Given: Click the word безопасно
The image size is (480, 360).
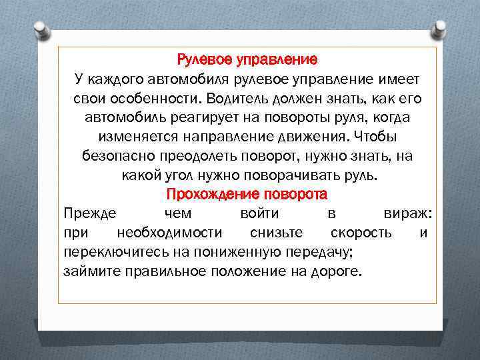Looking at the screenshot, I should coord(117,157).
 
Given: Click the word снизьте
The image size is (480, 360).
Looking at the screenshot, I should coord(276,233).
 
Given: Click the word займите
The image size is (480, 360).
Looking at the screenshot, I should coord(87,272).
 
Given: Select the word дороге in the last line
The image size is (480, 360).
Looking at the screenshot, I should coord(334,272).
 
